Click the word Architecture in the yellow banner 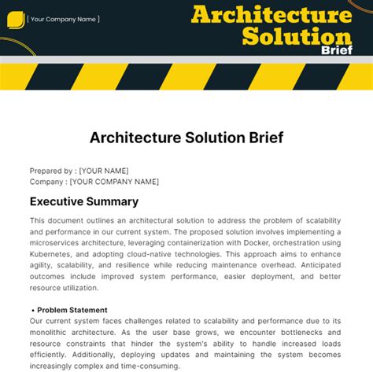(271, 15)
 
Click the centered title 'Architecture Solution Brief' (186, 138)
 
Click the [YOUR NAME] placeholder (104, 171)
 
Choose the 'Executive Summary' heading (84, 201)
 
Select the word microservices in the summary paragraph (57, 244)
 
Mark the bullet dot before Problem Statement (32, 311)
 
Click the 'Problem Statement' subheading (72, 310)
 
